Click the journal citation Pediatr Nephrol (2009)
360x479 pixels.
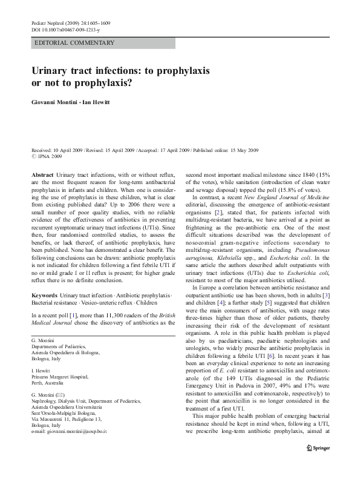coord(55,22)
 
